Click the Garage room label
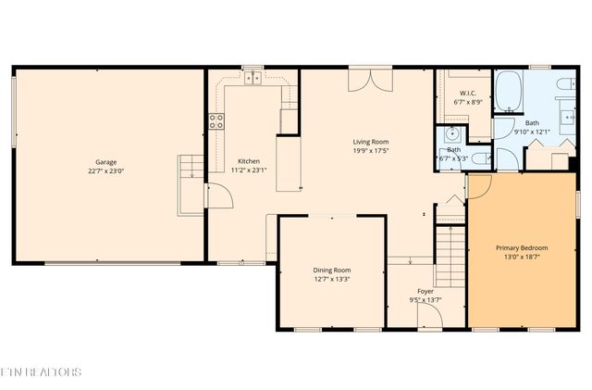click(x=105, y=161)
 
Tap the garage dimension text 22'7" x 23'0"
click(x=105, y=170)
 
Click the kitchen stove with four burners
click(x=216, y=121)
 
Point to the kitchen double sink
click(x=252, y=79)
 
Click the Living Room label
click(x=369, y=142)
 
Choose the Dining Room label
click(x=331, y=270)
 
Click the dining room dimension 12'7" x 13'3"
click(x=331, y=279)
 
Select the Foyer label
click(x=426, y=291)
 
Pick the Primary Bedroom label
click(x=522, y=247)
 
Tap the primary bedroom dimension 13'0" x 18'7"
click(x=522, y=257)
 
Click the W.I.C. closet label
click(x=468, y=94)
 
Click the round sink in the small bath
click(x=452, y=132)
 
